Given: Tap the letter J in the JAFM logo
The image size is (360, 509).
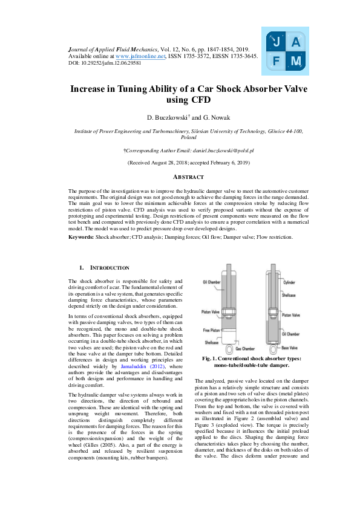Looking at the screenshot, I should (277, 42).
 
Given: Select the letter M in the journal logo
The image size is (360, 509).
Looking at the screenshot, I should (295, 61).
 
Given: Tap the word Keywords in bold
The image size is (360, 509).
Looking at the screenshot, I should (80, 237).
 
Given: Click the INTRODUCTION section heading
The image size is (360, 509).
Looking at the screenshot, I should (109, 267).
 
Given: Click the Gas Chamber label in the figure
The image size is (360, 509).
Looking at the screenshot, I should (244, 349).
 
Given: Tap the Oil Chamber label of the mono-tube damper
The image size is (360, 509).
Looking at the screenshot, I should (212, 282).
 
